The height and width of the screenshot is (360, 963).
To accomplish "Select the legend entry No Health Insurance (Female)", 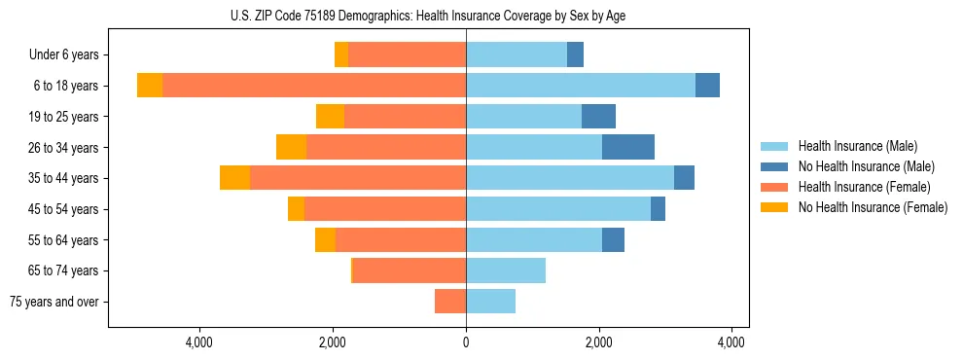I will coord(873,207).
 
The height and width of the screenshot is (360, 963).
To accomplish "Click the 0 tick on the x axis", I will coord(466,342).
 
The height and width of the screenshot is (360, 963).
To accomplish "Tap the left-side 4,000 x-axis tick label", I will coord(199,342).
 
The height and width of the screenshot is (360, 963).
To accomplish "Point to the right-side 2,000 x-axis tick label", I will coord(599,342).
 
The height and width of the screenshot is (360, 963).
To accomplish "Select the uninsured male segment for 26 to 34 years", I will coord(628,147).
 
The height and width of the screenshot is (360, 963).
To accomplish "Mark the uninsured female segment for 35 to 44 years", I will coord(234,178).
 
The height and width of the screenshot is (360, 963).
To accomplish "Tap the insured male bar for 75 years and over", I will coord(491,302).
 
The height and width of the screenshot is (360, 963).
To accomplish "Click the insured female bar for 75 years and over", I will coord(450,302).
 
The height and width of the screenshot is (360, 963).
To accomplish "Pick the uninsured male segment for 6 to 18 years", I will coord(707,86).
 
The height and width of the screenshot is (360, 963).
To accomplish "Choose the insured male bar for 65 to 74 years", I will coord(506,270).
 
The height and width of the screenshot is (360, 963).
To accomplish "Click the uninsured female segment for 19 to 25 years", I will coord(330,117).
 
